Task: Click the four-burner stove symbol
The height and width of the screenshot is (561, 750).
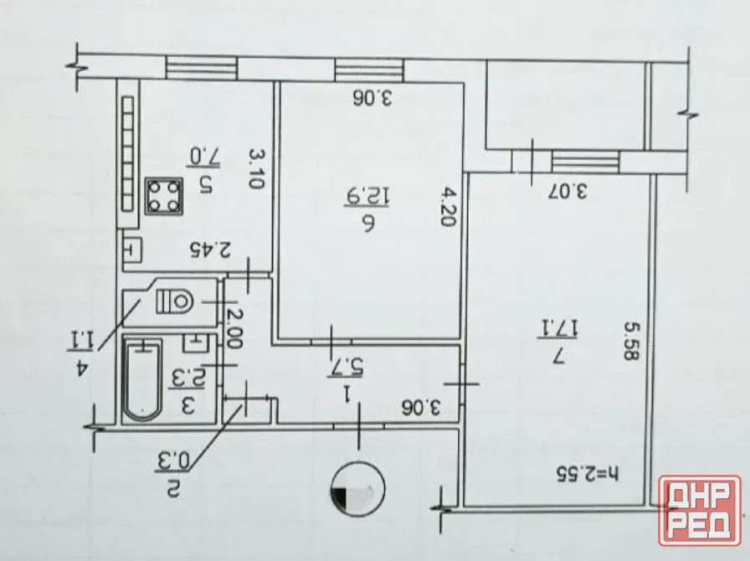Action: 165,197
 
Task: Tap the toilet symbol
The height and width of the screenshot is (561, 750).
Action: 175,301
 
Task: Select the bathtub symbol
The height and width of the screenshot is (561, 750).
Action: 142,379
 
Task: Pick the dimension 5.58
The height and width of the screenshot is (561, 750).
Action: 632,341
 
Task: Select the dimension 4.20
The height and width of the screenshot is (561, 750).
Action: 449,207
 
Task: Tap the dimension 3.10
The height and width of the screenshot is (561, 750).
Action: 256,168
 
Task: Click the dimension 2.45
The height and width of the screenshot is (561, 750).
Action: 210,250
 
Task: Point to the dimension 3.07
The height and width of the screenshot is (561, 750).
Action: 568,191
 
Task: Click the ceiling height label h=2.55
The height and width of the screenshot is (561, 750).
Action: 587,474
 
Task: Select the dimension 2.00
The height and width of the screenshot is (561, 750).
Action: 235,328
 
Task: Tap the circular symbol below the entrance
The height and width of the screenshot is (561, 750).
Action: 357,489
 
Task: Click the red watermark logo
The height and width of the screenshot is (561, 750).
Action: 700,510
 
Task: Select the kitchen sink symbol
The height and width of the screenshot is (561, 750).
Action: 132,250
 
